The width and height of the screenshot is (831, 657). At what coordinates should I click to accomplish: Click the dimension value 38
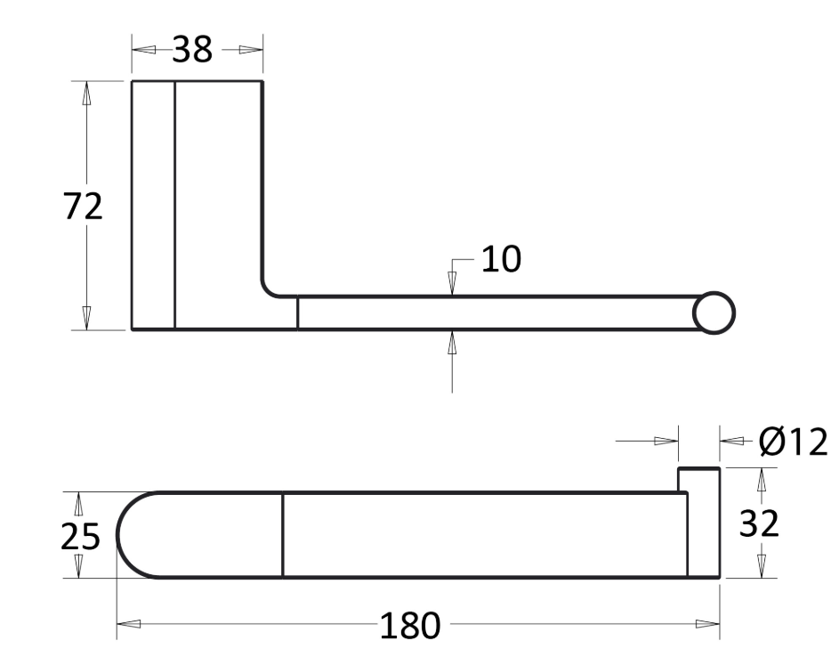tap(192, 49)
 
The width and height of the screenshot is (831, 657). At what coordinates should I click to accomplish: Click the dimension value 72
tap(83, 207)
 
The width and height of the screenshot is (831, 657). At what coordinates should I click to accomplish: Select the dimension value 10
tap(501, 259)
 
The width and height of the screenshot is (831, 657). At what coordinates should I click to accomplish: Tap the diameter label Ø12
tap(793, 442)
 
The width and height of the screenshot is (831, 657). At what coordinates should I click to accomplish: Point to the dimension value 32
tap(759, 523)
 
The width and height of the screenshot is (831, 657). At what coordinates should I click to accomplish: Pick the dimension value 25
tap(80, 537)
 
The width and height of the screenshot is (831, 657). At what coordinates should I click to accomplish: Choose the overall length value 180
tap(410, 626)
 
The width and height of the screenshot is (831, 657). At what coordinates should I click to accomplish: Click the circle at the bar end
tap(714, 312)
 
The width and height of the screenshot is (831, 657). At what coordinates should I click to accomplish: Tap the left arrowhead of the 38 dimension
tap(143, 50)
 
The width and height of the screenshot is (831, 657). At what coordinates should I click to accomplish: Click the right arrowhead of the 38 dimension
tap(251, 50)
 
